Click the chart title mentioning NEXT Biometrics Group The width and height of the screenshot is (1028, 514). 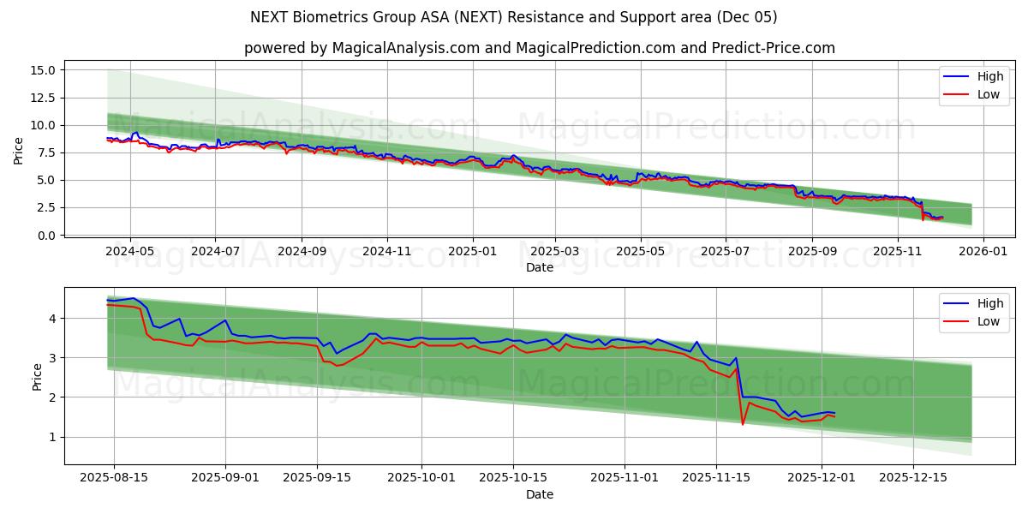[514, 17]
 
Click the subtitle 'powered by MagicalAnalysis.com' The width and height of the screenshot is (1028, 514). [362, 48]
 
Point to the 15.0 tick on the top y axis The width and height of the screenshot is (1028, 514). [42, 70]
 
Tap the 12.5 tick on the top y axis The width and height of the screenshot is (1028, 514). [42, 98]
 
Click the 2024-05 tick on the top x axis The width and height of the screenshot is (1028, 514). [130, 252]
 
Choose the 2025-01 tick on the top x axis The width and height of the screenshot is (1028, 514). [472, 252]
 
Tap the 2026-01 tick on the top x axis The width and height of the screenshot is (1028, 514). [983, 252]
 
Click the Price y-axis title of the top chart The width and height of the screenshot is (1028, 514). [19, 152]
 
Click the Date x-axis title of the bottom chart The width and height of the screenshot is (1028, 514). [540, 494]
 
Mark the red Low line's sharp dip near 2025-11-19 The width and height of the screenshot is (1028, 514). [743, 423]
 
